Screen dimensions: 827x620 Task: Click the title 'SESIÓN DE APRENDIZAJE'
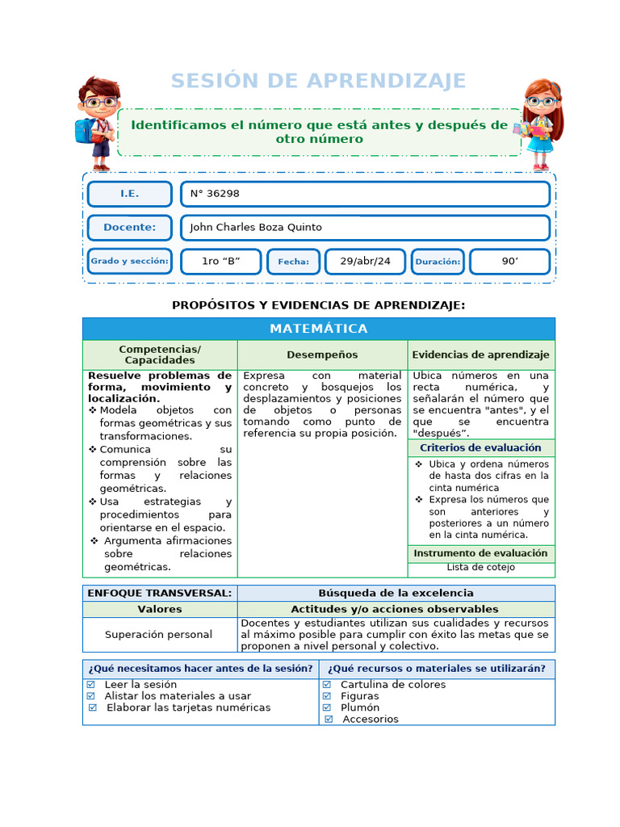coord(318,81)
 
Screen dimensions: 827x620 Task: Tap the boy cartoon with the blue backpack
coord(97,122)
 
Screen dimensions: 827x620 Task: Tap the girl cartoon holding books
coord(540,124)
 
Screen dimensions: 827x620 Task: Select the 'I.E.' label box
coord(129,194)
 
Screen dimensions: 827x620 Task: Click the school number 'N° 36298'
coord(214,194)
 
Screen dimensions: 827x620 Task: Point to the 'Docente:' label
coord(129,228)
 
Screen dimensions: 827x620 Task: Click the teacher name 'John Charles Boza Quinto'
coord(255,228)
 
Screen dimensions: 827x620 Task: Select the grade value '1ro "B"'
coord(220,262)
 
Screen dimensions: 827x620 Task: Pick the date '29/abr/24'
coord(365,262)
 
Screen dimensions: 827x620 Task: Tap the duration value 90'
coord(509,262)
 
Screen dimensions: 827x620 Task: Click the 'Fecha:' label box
coord(293,262)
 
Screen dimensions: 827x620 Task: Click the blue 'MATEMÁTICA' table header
coord(318,329)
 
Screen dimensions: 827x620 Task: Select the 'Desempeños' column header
coord(322,355)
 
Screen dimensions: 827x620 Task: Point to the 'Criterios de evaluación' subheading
coord(480,447)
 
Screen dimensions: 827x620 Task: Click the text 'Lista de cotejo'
coord(480,567)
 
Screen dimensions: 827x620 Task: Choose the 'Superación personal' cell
coord(159,635)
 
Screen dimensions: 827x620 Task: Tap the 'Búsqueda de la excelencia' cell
coord(396,593)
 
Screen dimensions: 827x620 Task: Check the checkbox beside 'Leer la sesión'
coord(90,684)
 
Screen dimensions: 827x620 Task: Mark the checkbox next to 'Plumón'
coord(327,707)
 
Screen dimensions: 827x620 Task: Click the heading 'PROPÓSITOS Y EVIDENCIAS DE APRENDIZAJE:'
coord(318,305)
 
